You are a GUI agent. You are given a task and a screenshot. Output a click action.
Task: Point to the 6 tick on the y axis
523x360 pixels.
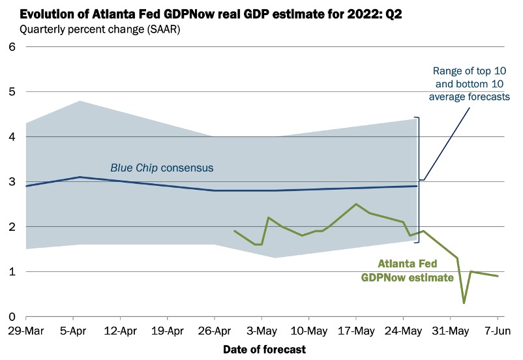(x=10, y=47)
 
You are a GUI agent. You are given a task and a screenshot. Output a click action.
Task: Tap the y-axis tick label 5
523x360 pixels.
(x=10, y=92)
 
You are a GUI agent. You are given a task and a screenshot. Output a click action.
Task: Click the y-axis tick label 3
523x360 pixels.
(x=10, y=182)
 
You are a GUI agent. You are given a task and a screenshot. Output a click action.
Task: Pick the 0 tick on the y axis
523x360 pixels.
(x=10, y=317)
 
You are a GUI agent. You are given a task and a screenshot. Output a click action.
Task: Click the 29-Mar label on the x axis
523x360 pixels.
(x=25, y=331)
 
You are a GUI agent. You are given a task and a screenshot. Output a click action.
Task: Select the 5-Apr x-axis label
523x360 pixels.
(x=72, y=331)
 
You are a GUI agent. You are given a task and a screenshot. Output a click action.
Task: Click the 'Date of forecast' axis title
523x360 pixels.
(x=264, y=350)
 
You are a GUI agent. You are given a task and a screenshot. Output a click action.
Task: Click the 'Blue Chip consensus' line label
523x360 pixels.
(x=162, y=168)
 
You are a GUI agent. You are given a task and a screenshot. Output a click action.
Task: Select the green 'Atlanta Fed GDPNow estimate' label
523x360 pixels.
(x=408, y=271)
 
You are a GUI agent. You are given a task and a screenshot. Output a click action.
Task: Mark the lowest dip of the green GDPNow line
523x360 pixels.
(x=464, y=303)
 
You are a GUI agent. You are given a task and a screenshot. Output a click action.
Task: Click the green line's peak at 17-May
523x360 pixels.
(x=356, y=204)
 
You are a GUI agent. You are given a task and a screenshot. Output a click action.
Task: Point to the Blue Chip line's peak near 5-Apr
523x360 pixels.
(x=79, y=177)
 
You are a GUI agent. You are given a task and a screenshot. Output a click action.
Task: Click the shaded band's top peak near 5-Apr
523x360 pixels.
(x=79, y=100)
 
